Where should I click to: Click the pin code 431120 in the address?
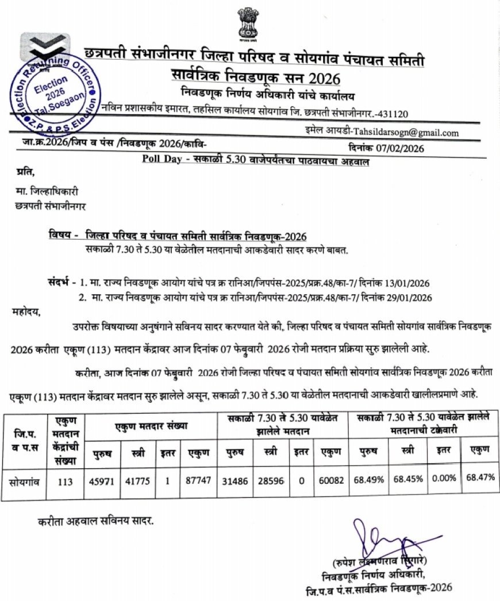[x=393, y=114]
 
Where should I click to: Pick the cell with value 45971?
[x=102, y=482]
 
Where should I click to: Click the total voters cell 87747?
[x=197, y=482]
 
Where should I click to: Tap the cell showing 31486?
[x=234, y=482]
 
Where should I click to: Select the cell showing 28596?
[x=271, y=482]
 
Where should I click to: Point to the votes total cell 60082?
[x=330, y=482]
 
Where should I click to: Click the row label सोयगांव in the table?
[x=24, y=481]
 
